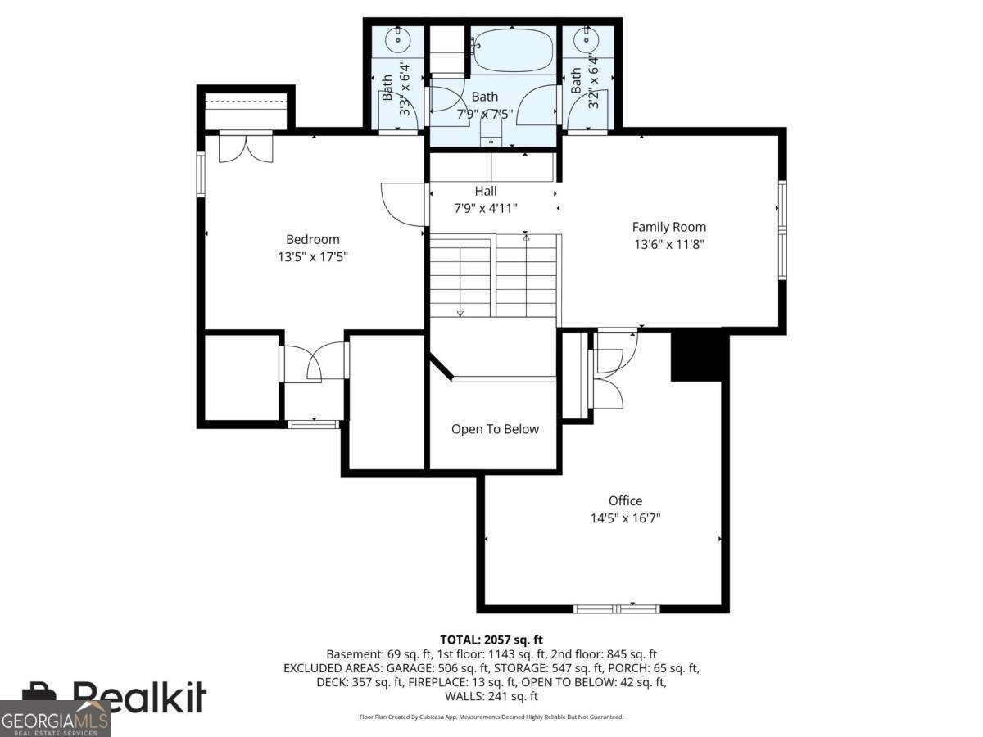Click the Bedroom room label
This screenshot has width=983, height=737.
tap(312, 240)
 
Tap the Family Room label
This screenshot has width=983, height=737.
tap(668, 227)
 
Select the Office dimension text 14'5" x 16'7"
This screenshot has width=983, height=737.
tap(625, 518)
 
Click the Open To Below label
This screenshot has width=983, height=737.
tap(495, 429)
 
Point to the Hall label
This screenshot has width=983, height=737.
tap(486, 191)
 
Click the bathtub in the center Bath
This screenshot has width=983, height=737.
tap(514, 50)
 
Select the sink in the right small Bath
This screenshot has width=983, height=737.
tap(586, 38)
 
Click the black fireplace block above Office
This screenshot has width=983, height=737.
tap(699, 355)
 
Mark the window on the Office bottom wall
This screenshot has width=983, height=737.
tap(616, 608)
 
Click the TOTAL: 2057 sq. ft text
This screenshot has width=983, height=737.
tap(491, 640)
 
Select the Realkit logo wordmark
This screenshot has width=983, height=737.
tap(139, 697)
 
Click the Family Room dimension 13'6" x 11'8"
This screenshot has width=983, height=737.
tap(668, 243)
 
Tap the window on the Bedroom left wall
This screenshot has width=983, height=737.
tap(200, 174)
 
